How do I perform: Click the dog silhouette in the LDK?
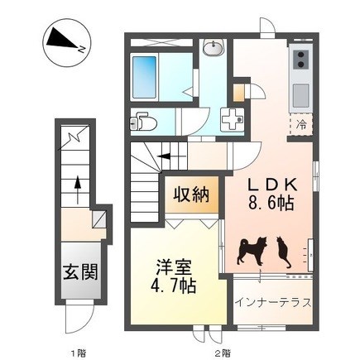pos(252,251)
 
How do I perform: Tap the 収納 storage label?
pos(191,194)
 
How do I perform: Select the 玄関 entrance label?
pos(80,271)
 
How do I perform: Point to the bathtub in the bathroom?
pos(145,77)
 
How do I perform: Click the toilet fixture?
pos(142,122)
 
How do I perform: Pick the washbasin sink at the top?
pos(214,47)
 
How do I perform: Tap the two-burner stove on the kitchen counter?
pos(300,60)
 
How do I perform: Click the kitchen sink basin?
pos(300,96)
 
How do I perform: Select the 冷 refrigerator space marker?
pos(301,125)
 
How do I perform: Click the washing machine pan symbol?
pos(233,120)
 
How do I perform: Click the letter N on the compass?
pos(82,49)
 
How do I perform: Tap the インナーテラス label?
pos(273,303)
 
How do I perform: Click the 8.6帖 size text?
pos(271,204)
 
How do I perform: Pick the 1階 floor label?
pos(79,353)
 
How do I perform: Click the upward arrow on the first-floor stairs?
pos(78,190)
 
